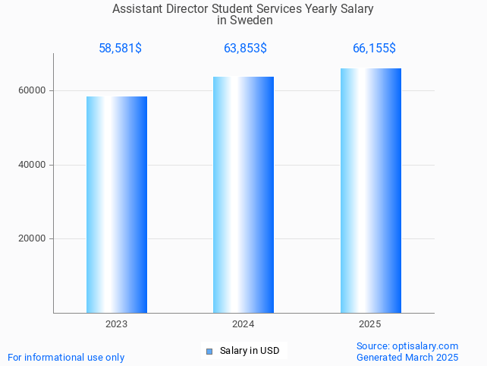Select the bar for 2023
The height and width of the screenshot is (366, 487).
pos(117,204)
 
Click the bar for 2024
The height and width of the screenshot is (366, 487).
pos(243,194)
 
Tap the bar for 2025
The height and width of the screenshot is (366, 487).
pos(370,191)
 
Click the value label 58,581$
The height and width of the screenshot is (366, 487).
pos(120,49)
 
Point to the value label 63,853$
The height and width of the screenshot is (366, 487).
pos(245,49)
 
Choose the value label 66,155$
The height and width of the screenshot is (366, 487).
pos(374,49)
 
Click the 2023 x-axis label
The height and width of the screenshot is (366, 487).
pos(117,324)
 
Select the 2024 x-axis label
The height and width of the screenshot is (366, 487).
pos(243,324)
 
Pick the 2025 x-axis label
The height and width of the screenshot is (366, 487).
pos(370,324)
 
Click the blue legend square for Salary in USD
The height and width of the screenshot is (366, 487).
pos(209,351)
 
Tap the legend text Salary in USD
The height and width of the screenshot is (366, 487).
pos(250,351)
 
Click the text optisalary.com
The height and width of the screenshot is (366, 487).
pos(426,345)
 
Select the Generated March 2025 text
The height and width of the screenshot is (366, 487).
pos(407,357)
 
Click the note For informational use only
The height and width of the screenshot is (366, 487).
pos(66,357)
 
